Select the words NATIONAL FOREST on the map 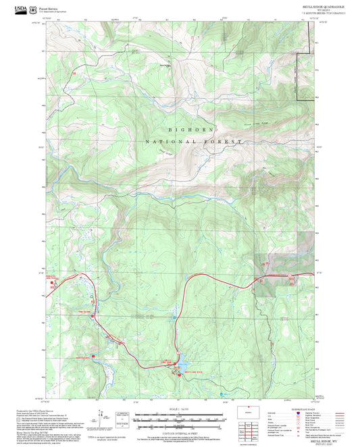(193, 142)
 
